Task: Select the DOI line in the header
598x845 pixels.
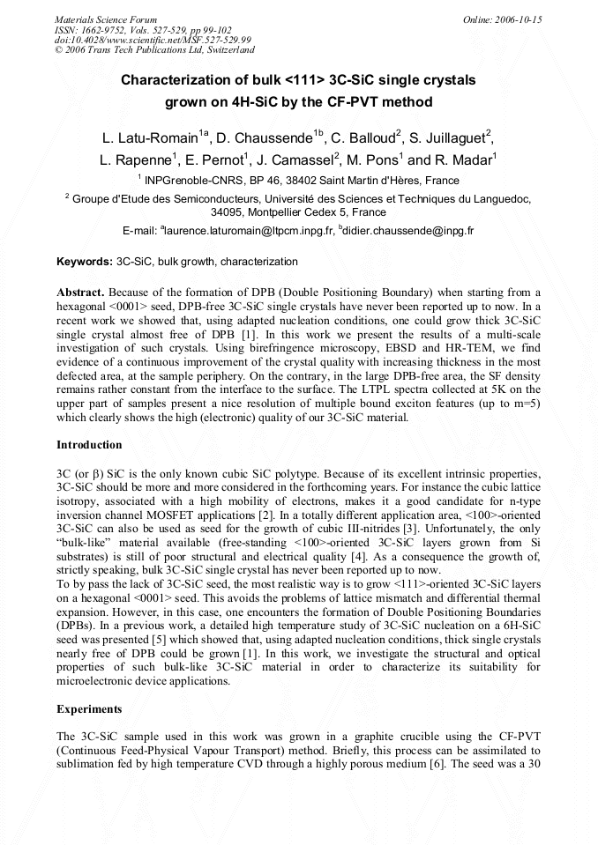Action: (x=153, y=40)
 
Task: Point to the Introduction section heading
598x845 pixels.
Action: (x=89, y=445)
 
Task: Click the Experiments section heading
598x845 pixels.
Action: (x=89, y=708)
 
